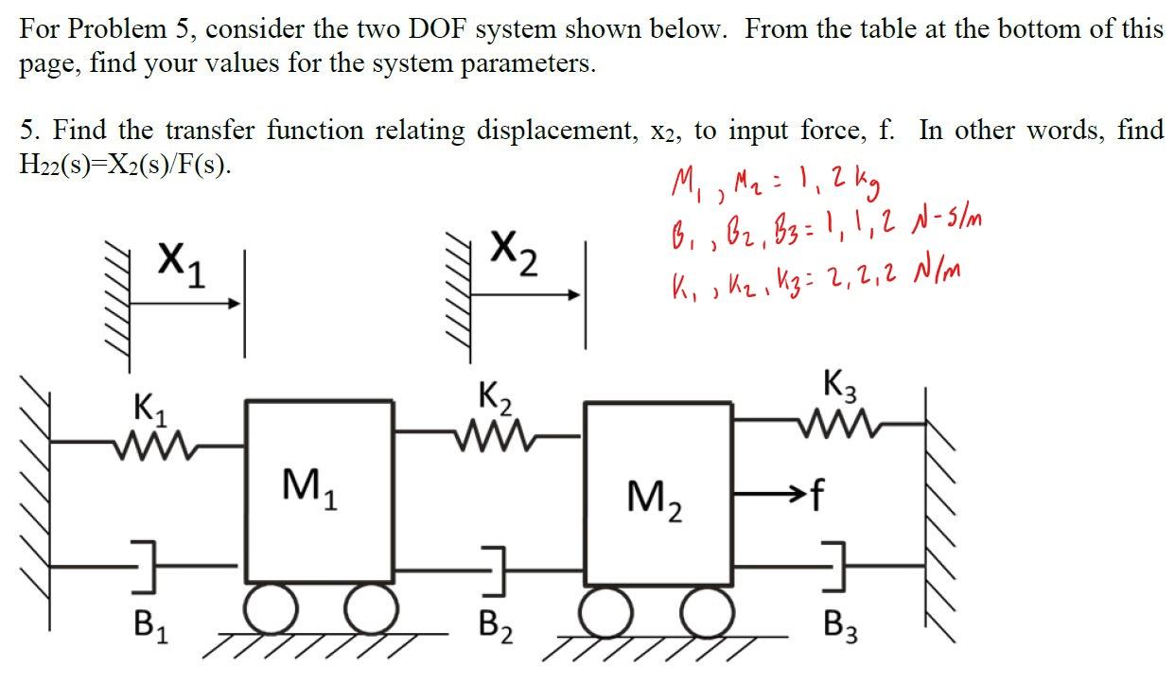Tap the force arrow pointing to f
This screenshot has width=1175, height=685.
(769, 493)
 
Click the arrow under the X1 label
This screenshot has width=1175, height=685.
(185, 304)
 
